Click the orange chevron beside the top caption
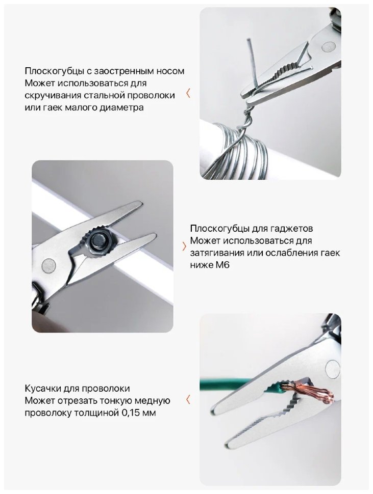188,93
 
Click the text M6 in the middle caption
222,265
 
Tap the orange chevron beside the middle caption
184,246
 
